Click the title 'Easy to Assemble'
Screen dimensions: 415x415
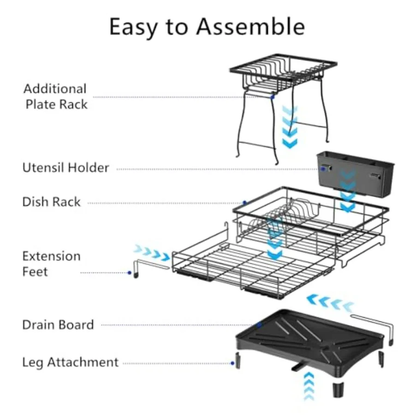(207, 27)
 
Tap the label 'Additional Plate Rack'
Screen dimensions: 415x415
(55, 96)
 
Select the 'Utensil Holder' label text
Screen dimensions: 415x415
(65, 167)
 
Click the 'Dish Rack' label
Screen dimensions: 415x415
(51, 202)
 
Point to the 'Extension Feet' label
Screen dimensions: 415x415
(51, 264)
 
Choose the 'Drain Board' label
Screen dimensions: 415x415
(58, 325)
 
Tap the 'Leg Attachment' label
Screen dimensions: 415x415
(70, 362)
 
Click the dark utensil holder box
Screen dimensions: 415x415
(355, 173)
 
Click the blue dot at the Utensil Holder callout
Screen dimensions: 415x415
(323, 169)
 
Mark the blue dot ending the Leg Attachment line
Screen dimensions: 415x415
(232, 363)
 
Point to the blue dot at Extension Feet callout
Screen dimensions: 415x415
(130, 273)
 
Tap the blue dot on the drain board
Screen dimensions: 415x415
(259, 325)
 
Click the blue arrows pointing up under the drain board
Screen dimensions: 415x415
(309, 386)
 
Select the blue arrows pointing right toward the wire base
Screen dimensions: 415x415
(152, 253)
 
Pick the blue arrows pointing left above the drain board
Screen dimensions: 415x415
(330, 302)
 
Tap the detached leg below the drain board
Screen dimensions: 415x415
(338, 389)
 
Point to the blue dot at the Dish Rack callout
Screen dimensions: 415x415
(245, 203)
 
